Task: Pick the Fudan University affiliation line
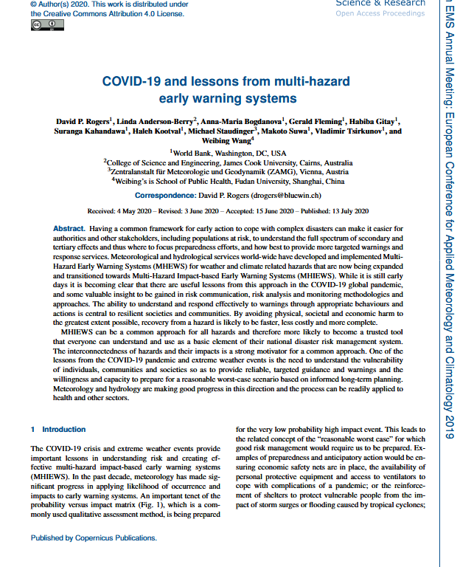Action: coord(231,180)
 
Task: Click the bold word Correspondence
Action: coord(164,196)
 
